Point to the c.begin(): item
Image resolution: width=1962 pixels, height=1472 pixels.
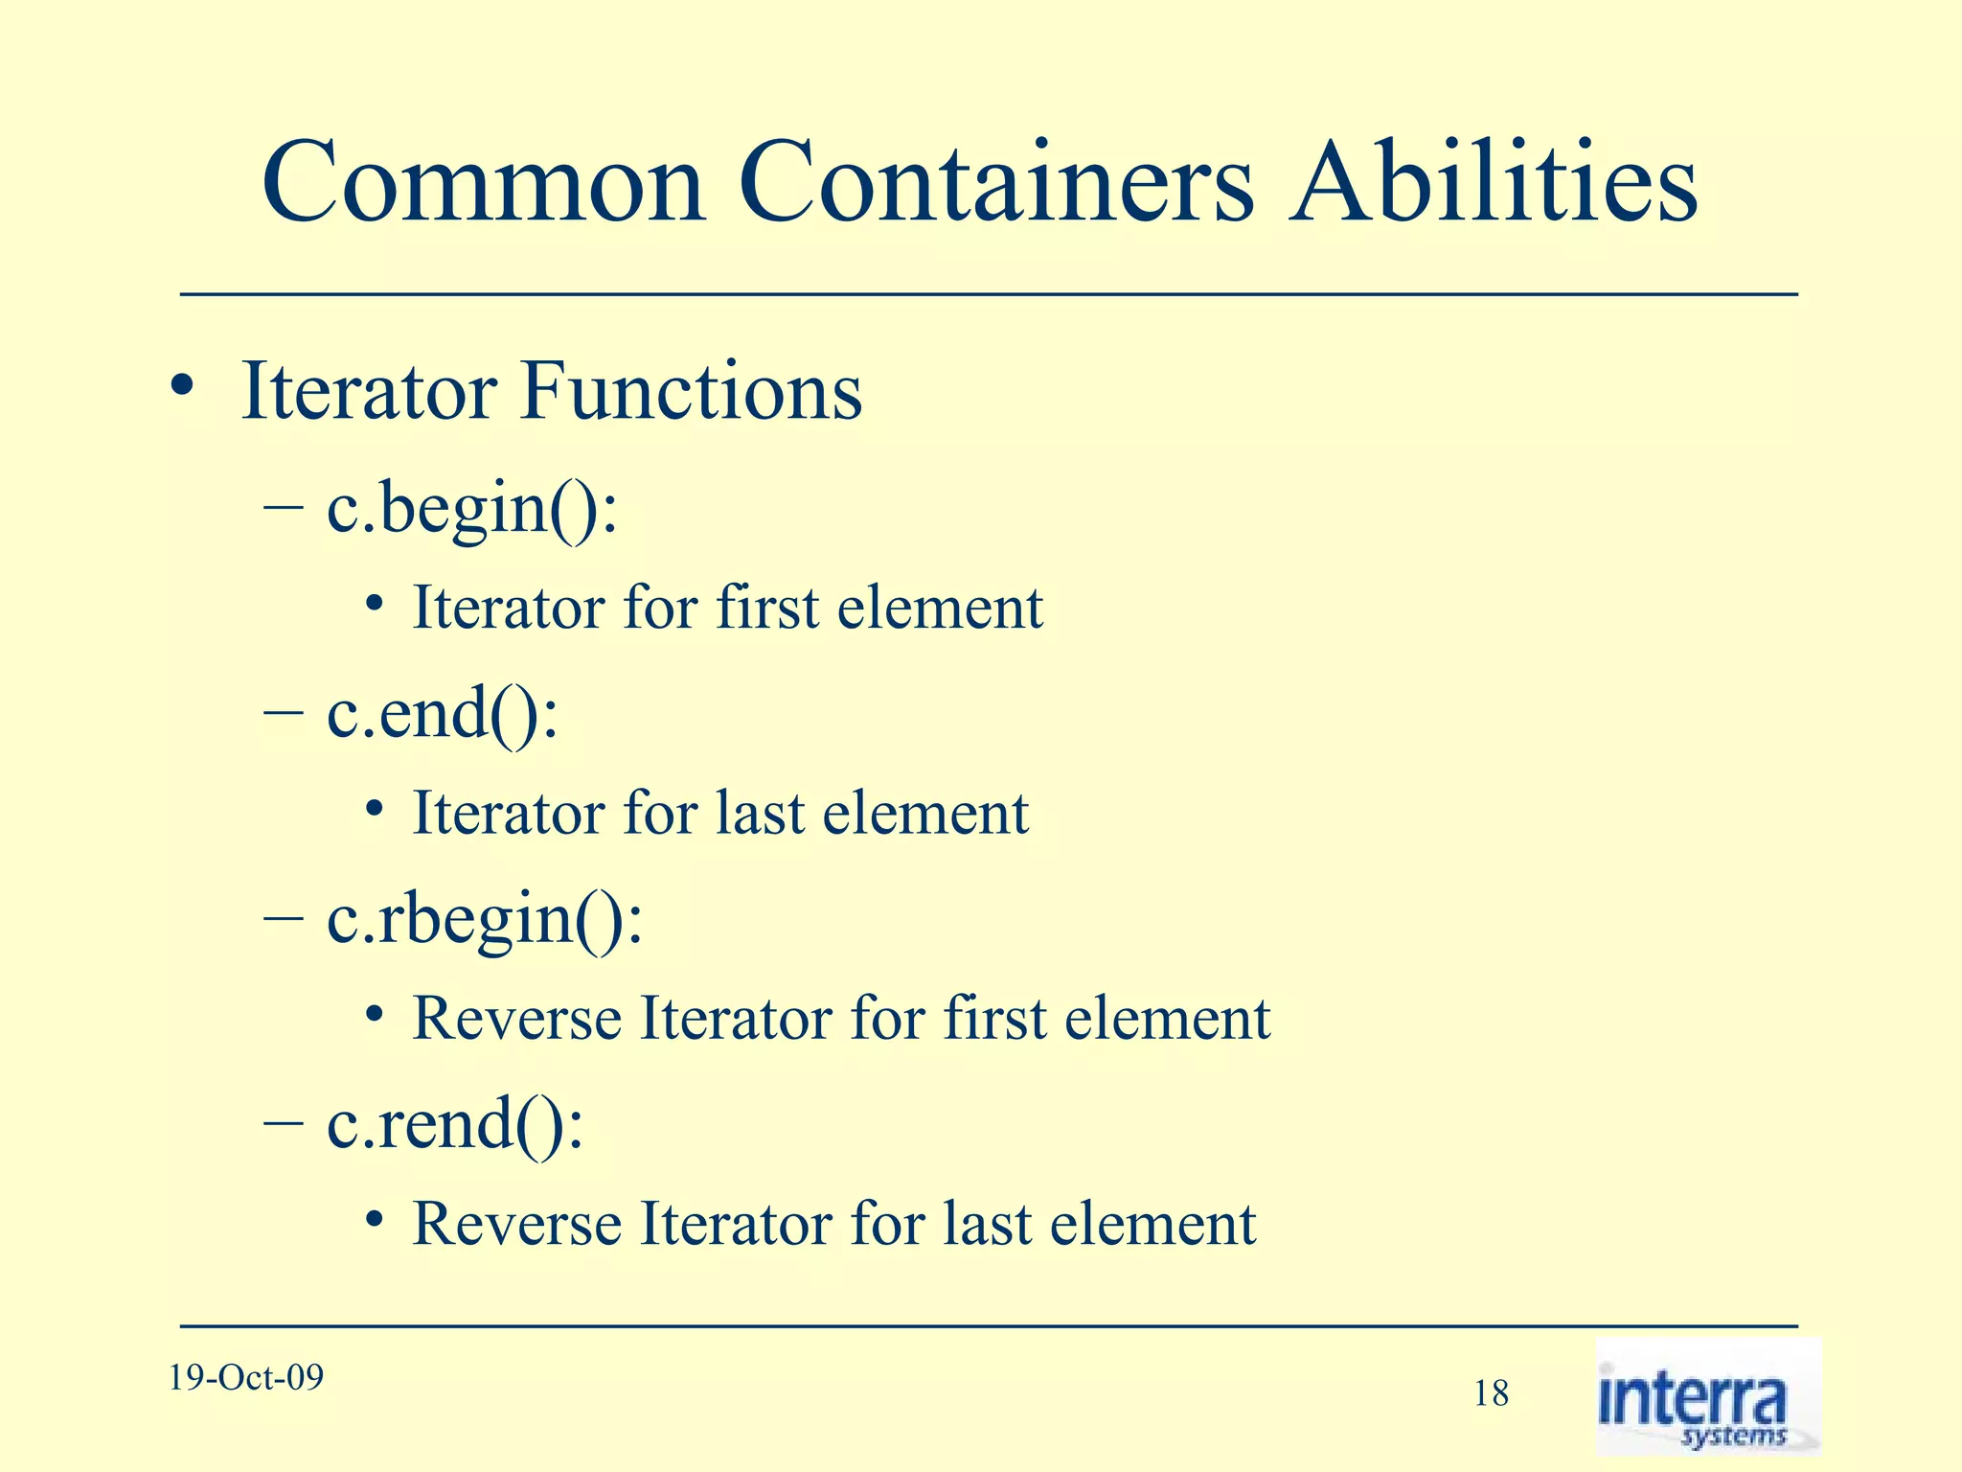click(x=472, y=508)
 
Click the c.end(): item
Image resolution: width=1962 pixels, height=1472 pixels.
click(x=442, y=713)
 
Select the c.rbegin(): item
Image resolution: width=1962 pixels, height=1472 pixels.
click(x=485, y=919)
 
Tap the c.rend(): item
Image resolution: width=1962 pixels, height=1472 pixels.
click(x=454, y=1124)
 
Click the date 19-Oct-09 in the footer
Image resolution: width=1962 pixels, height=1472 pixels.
click(x=246, y=1377)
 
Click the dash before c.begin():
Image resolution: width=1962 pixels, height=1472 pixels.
click(x=283, y=509)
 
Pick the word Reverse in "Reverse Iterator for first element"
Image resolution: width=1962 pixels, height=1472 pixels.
click(x=516, y=1019)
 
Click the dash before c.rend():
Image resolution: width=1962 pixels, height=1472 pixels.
click(x=283, y=1125)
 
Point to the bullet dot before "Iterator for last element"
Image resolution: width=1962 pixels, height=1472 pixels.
click(x=375, y=810)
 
